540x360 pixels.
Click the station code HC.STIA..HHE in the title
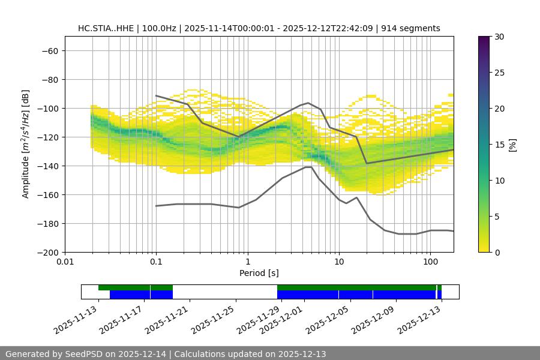pyautogui.click(x=106, y=28)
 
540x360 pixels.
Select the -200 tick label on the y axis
pyautogui.click(x=47, y=252)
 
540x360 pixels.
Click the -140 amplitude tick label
pyautogui.click(x=47, y=166)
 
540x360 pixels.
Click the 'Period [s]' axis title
pyautogui.click(x=259, y=273)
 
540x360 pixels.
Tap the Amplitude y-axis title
pyautogui.click(x=25, y=144)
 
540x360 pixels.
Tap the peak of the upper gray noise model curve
pyautogui.click(x=308, y=103)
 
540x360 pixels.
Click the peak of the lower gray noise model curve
pyautogui.click(x=308, y=167)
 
